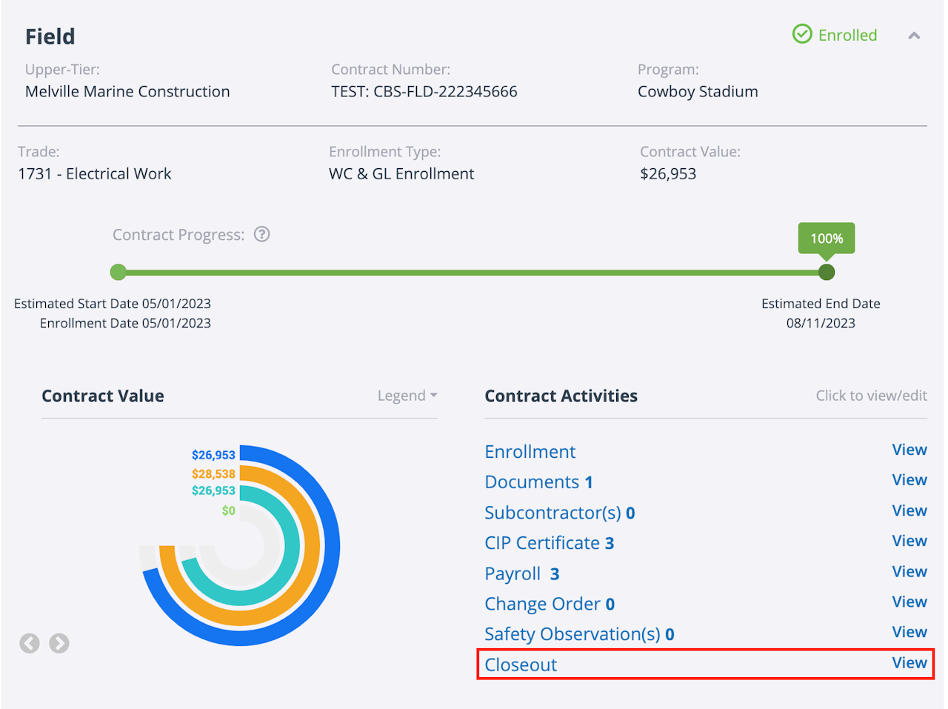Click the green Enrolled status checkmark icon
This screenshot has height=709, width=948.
[x=802, y=34]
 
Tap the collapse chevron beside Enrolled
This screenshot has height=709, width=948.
[x=914, y=36]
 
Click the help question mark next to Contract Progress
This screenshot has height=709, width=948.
[x=261, y=235]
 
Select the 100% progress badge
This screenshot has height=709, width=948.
[x=827, y=239]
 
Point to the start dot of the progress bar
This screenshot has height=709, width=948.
[x=118, y=273]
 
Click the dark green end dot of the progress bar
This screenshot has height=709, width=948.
[x=827, y=273]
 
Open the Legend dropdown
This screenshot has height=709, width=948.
[x=407, y=396]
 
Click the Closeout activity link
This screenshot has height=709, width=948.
[x=521, y=665]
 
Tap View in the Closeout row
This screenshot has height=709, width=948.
[x=909, y=663]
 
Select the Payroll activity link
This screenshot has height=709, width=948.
[x=521, y=574]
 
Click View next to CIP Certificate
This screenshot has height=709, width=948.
[x=909, y=541]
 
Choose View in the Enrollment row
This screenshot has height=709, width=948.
[x=909, y=450]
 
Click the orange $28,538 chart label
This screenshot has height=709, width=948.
[x=213, y=474]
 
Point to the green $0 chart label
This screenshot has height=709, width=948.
[x=228, y=510]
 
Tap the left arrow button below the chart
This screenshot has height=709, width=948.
[x=30, y=643]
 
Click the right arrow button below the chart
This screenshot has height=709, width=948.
[x=59, y=643]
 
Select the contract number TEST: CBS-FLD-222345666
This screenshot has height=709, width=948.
[x=424, y=92]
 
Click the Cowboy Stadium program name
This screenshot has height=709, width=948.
[x=698, y=92]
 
